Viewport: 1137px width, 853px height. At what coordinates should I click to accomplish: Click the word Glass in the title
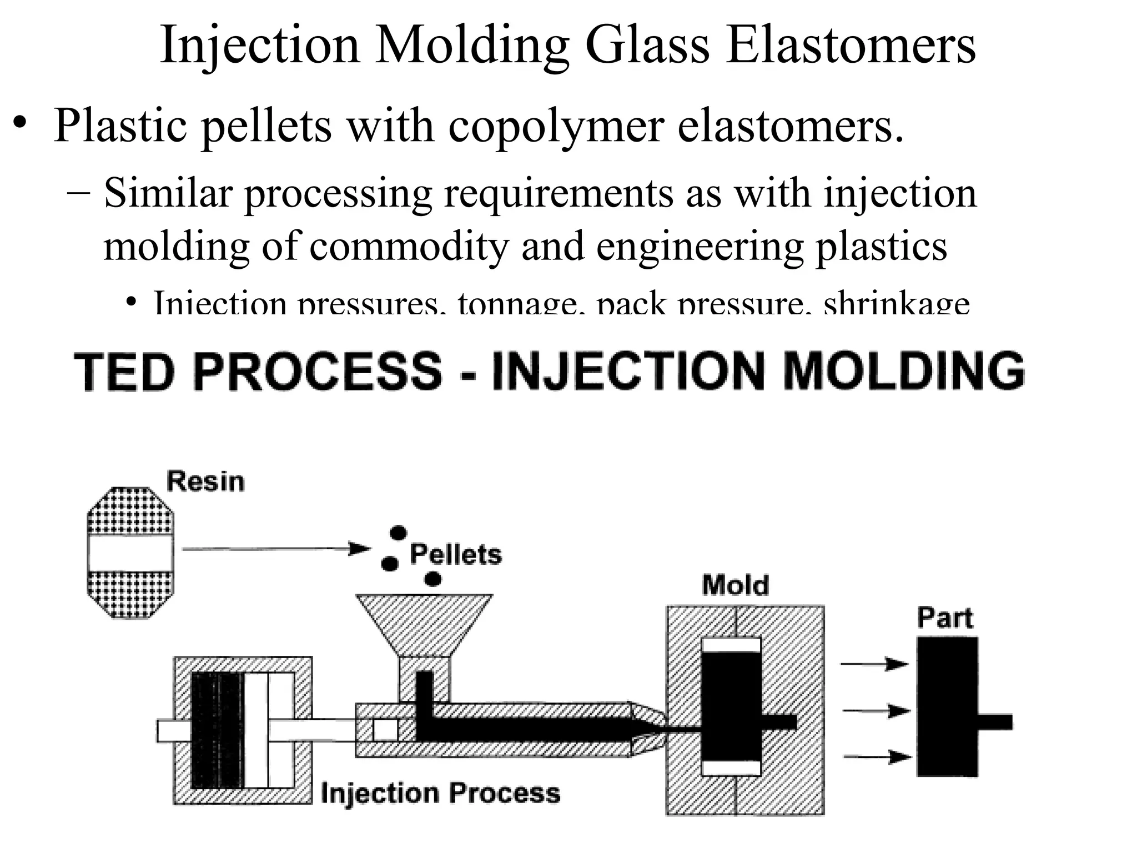coord(647,46)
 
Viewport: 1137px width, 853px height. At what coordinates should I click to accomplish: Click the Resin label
coord(205,481)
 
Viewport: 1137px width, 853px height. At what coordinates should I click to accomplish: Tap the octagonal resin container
coord(130,553)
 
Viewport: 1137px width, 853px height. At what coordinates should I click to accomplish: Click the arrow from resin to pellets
coord(275,549)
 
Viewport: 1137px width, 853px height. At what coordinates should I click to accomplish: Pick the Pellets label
coord(455,554)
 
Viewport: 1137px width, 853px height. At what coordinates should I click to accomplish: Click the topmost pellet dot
coord(398,533)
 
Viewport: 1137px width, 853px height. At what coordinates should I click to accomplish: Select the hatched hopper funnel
coord(424,622)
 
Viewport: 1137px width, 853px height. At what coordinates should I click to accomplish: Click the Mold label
coord(735,585)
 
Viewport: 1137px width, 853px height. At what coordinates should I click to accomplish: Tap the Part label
coord(944,618)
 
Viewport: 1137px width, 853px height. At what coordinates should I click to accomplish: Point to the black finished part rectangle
coord(947,706)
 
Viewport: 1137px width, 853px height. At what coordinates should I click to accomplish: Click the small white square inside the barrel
coord(385,730)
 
